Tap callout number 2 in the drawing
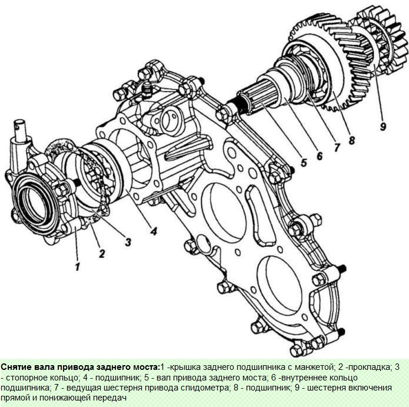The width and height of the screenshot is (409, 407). (101, 254)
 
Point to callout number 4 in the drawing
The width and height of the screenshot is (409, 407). (153, 231)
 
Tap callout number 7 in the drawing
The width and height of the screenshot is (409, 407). (337, 147)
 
